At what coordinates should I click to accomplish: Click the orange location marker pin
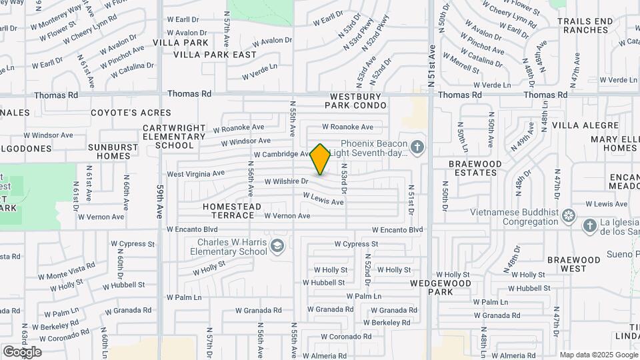click(x=320, y=159)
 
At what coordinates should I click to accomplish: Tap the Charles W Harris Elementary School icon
click(x=277, y=247)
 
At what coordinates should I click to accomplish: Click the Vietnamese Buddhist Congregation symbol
click(x=568, y=215)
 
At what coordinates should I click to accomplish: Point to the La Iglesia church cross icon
click(x=589, y=226)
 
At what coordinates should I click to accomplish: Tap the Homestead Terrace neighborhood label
click(x=232, y=211)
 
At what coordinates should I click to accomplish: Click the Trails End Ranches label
click(x=585, y=25)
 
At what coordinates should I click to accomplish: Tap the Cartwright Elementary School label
click(x=174, y=136)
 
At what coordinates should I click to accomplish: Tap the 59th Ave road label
click(x=160, y=202)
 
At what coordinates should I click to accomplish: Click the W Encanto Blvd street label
click(x=397, y=229)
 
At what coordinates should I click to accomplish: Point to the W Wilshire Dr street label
click(x=286, y=181)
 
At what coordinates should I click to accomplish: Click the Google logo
click(x=22, y=352)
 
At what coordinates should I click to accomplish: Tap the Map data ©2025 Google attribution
click(x=598, y=355)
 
